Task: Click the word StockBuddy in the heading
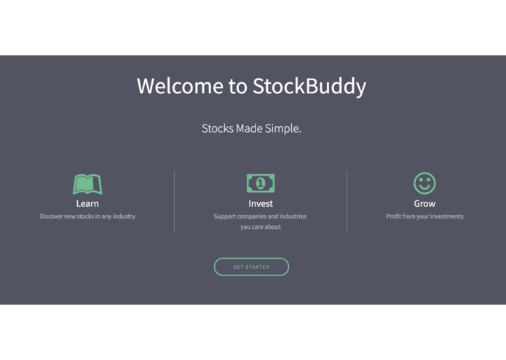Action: [309, 86]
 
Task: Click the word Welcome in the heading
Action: [181, 86]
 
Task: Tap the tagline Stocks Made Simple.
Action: [251, 128]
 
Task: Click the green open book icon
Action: [87, 184]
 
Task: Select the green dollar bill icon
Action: [260, 184]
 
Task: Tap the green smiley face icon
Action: [424, 183]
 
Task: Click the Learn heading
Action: [87, 203]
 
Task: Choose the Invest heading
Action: [260, 203]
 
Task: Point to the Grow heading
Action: [424, 203]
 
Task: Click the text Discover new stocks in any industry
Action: [87, 216]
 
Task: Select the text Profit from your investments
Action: [424, 216]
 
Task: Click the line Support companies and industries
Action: [260, 216]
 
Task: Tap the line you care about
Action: [260, 227]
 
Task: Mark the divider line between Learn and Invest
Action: [174, 200]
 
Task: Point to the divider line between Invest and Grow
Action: [347, 200]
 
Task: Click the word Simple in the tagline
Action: [285, 128]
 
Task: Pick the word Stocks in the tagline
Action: [217, 128]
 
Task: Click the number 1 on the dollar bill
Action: [260, 184]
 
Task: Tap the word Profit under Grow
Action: [394, 216]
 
